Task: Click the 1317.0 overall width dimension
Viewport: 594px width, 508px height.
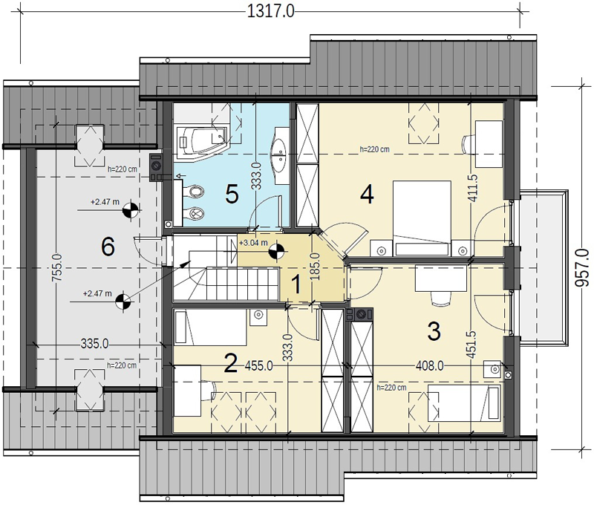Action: pyautogui.click(x=270, y=11)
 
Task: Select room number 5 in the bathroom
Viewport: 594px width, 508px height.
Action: pyautogui.click(x=232, y=195)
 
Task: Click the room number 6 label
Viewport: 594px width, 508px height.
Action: pyautogui.click(x=108, y=247)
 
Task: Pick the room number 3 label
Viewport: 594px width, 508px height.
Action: pyautogui.click(x=434, y=330)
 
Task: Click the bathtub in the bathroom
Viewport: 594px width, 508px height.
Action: pyautogui.click(x=202, y=141)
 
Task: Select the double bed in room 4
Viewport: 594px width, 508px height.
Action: pyautogui.click(x=422, y=218)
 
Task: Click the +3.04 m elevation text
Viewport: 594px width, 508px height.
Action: pyautogui.click(x=253, y=243)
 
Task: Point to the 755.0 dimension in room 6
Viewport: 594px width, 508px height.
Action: pyautogui.click(x=57, y=267)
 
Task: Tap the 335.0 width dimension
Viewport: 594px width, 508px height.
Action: pyautogui.click(x=95, y=344)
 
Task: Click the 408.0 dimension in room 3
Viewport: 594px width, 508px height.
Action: pyautogui.click(x=430, y=366)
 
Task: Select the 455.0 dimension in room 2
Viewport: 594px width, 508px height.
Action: pyautogui.click(x=258, y=366)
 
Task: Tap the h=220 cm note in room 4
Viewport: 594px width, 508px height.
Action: pyautogui.click(x=374, y=149)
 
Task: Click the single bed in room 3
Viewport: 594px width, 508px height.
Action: pyautogui.click(x=464, y=403)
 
